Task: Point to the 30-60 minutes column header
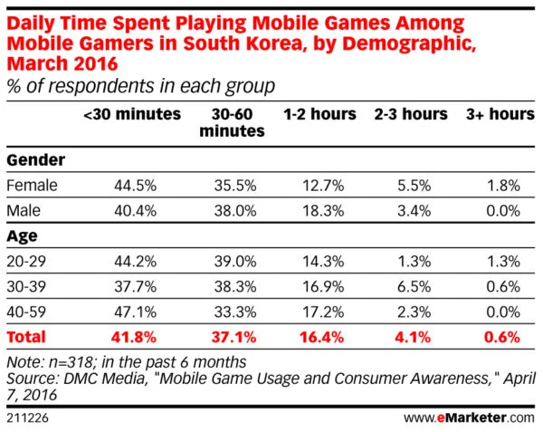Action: pyautogui.click(x=233, y=123)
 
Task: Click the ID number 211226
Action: pyautogui.click(x=27, y=417)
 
